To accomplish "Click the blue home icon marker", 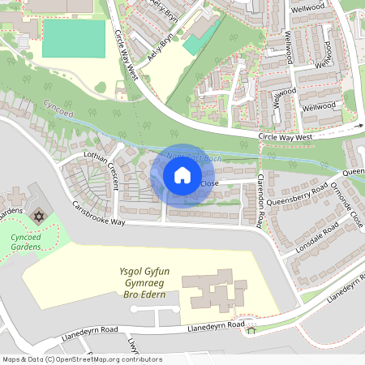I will coord(182,174).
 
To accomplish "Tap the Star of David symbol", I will coord(37,217).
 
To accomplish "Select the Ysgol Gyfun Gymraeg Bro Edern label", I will coord(136,284).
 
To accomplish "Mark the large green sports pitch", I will coord(74,38).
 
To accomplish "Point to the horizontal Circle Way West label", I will coord(285,138).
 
